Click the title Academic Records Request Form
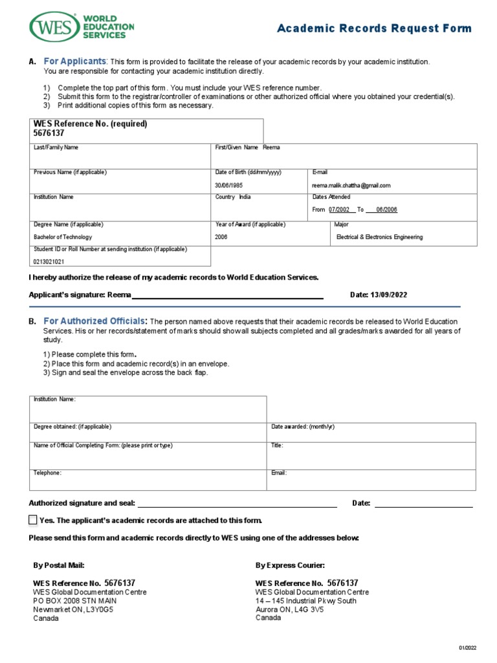(375, 28)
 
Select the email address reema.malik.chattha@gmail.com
(351, 185)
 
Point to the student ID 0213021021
(49, 262)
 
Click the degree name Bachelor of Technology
(58, 237)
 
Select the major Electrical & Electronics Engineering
(379, 237)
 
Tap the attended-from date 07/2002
(339, 210)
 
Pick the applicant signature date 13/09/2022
(389, 295)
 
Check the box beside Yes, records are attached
(33, 520)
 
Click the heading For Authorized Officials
(95, 321)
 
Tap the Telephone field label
(47, 473)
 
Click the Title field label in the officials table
(277, 446)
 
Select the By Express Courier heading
(290, 565)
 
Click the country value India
(245, 197)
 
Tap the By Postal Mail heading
(59, 565)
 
